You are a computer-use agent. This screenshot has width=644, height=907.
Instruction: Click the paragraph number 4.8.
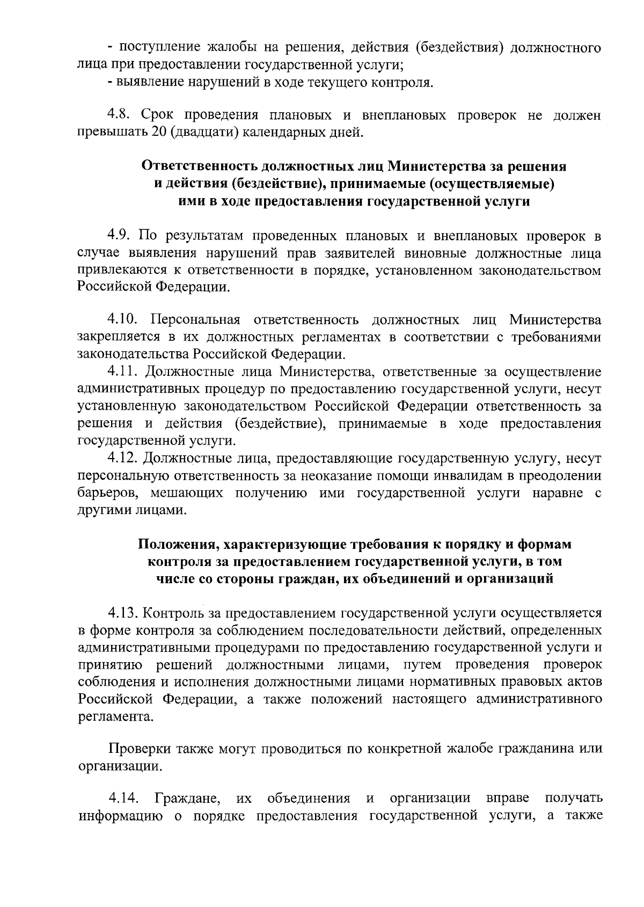(121, 115)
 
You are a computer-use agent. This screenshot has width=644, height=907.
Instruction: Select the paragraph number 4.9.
(121, 235)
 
